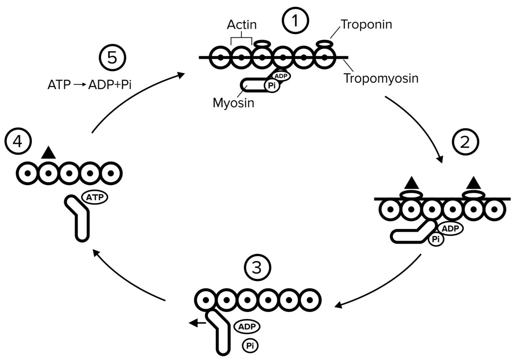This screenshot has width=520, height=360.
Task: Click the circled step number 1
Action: coord(295,21)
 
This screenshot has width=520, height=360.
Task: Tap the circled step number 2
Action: coord(465,142)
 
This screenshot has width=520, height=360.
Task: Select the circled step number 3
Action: coord(257,267)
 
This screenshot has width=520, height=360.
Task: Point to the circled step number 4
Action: coord(18,141)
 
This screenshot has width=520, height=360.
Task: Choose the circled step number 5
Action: coord(112,57)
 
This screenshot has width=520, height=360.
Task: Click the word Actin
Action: coord(242,25)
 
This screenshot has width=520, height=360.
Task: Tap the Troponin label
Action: coord(366,24)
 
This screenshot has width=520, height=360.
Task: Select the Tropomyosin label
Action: coord(381,78)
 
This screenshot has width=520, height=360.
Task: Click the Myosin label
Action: coord(233,103)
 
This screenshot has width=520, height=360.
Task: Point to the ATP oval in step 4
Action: coord(95,197)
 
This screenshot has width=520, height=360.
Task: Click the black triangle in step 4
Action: coord(48,153)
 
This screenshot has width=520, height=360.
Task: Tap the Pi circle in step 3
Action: coord(250,345)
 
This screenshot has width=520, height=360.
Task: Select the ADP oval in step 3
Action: coord(247,327)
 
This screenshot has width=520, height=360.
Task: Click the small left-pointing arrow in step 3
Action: coord(197,323)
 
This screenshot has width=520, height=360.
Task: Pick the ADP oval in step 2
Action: coord(450,229)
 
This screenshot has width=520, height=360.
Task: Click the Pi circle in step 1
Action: coord(272,85)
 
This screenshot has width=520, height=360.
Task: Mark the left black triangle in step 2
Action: coord(412,183)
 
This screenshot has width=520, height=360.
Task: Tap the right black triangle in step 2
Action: coord(474,183)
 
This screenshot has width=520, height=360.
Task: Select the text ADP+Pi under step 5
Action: coord(110,85)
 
